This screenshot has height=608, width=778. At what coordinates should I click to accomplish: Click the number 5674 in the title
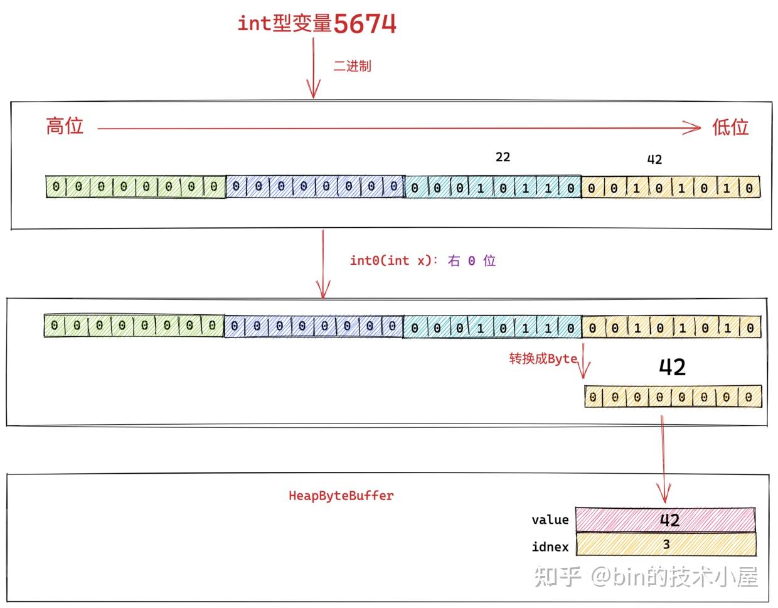coord(365,24)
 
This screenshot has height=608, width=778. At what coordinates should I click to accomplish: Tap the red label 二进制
coord(352,66)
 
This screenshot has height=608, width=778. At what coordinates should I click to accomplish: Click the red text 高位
coord(65,126)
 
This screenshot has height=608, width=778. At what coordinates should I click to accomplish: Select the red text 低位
coord(730,127)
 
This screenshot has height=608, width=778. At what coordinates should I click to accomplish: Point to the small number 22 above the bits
coord(503,157)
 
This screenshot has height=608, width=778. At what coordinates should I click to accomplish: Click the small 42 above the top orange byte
coord(654,159)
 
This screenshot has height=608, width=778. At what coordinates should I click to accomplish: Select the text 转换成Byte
coord(543,359)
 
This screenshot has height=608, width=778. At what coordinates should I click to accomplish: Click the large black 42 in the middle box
coord(672,367)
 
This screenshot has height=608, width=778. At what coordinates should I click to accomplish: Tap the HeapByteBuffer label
coord(341,496)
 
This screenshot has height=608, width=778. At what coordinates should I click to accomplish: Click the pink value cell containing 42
coord(665,520)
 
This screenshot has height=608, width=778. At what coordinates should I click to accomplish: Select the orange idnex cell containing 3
coord(665,545)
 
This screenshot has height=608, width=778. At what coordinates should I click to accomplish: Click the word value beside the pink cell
coord(550,520)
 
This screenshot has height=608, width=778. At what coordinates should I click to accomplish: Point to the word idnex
coord(550,547)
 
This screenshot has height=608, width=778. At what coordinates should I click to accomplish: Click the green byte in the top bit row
coord(136,187)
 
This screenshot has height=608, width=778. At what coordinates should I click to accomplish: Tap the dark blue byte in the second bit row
coord(314,326)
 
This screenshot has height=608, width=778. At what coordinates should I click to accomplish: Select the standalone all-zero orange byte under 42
coord(673,397)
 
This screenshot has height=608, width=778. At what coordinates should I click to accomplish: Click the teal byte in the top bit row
coord(493,188)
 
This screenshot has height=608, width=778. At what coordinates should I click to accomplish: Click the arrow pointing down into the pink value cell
coord(663,464)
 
